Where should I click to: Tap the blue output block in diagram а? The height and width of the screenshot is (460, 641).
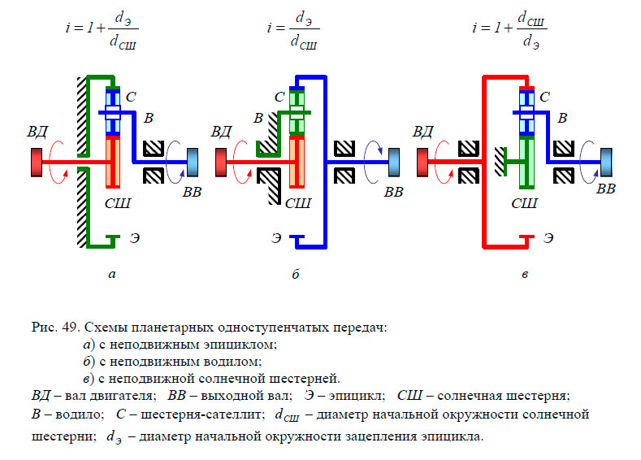pyautogui.click(x=192, y=160)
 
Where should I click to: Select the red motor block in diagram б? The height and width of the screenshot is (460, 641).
pyautogui.click(x=220, y=162)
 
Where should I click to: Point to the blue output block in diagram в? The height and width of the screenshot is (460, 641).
pyautogui.click(x=604, y=160)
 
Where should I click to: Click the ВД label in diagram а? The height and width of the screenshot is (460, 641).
pyautogui.click(x=37, y=130)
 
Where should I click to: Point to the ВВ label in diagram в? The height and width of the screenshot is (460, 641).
pyautogui.click(x=605, y=189)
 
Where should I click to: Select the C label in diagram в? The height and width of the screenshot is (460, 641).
pyautogui.click(x=544, y=97)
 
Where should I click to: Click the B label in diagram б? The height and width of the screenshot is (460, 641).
pyautogui.click(x=258, y=119)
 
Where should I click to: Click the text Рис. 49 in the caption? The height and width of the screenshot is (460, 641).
pyautogui.click(x=54, y=328)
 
